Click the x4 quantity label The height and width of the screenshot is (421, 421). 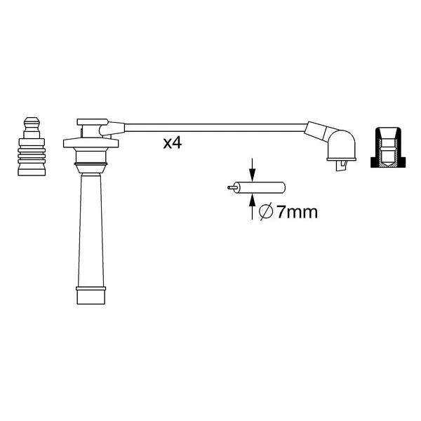[173, 143]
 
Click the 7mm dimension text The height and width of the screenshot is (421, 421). [297, 212]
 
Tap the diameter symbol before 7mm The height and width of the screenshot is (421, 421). [266, 212]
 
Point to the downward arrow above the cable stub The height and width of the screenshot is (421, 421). [252, 170]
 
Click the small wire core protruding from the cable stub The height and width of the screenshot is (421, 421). [232, 187]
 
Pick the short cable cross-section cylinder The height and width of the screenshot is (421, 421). [260, 187]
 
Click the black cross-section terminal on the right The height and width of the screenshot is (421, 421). [388, 147]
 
